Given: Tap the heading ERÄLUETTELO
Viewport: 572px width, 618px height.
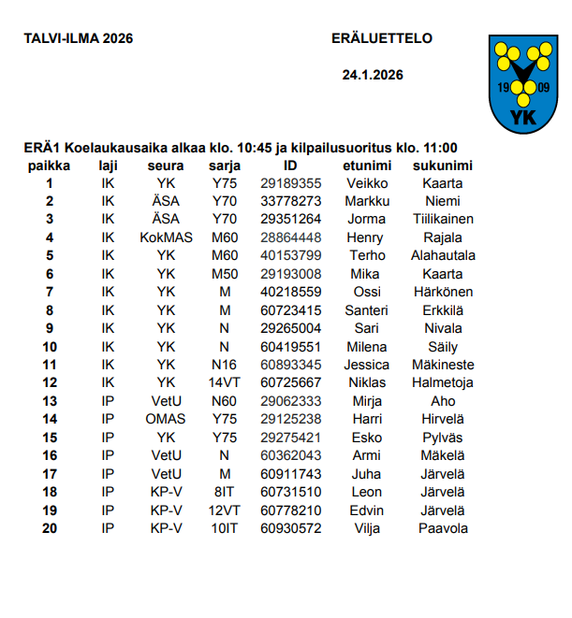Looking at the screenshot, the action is pos(382,38).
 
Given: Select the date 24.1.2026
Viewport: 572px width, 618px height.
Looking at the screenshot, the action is pos(373,75).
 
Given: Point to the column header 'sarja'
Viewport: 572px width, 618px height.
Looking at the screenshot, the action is pos(225,165).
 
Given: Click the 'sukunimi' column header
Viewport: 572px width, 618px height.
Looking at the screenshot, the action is pos(442,165).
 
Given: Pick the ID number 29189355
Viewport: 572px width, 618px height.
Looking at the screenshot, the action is pos(290,183).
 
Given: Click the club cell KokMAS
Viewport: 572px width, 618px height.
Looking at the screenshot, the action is pos(166,237).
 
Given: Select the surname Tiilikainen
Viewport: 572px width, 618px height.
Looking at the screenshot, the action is pos(442,220).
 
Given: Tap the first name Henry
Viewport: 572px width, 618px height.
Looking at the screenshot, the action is pos(365,237).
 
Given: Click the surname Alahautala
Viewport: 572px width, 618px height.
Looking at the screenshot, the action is pos(442,255).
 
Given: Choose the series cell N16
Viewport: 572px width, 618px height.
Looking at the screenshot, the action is pos(225,365).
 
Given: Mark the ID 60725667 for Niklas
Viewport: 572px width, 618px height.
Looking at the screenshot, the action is pos(290,382).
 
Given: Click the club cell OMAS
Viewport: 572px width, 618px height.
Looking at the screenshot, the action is pos(166,419).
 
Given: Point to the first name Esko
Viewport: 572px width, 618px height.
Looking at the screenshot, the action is pos(365,437).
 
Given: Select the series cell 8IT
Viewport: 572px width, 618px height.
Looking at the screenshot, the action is pos(225,492).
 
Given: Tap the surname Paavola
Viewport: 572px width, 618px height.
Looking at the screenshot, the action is pos(442,528).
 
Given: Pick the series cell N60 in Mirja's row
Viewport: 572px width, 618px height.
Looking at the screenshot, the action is pos(225,401).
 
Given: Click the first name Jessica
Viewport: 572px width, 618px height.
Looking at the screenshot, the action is pos(365,365).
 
